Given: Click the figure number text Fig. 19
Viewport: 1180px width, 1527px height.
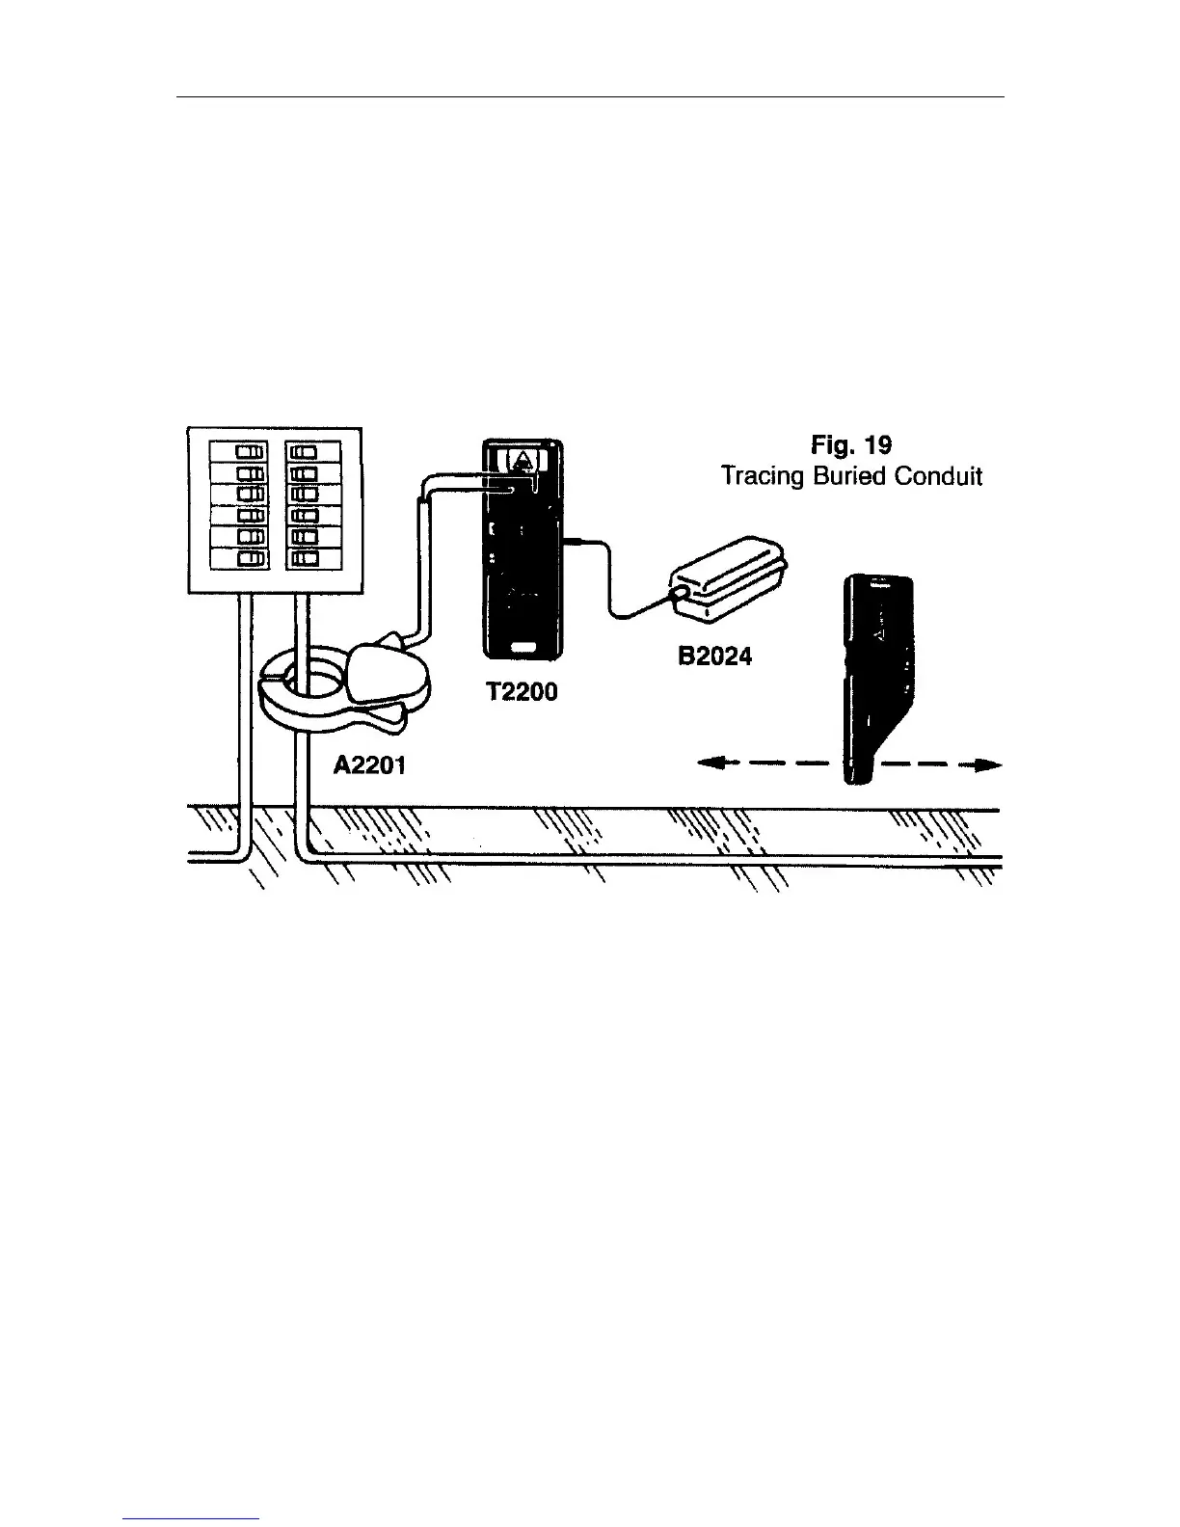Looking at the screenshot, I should coord(852,445).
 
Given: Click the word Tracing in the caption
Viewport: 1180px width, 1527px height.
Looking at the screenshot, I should coord(762,476).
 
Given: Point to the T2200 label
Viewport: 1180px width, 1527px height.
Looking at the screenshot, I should coord(522,691).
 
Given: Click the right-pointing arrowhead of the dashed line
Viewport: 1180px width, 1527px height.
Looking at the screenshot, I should coord(987,766).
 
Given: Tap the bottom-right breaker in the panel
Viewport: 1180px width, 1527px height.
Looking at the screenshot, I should coord(313,558).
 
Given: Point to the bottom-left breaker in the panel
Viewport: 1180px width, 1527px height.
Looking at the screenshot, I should coord(240,558).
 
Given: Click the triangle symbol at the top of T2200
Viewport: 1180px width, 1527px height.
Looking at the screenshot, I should coord(522,459).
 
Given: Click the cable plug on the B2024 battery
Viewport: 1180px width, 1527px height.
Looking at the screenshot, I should coord(680,591).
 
